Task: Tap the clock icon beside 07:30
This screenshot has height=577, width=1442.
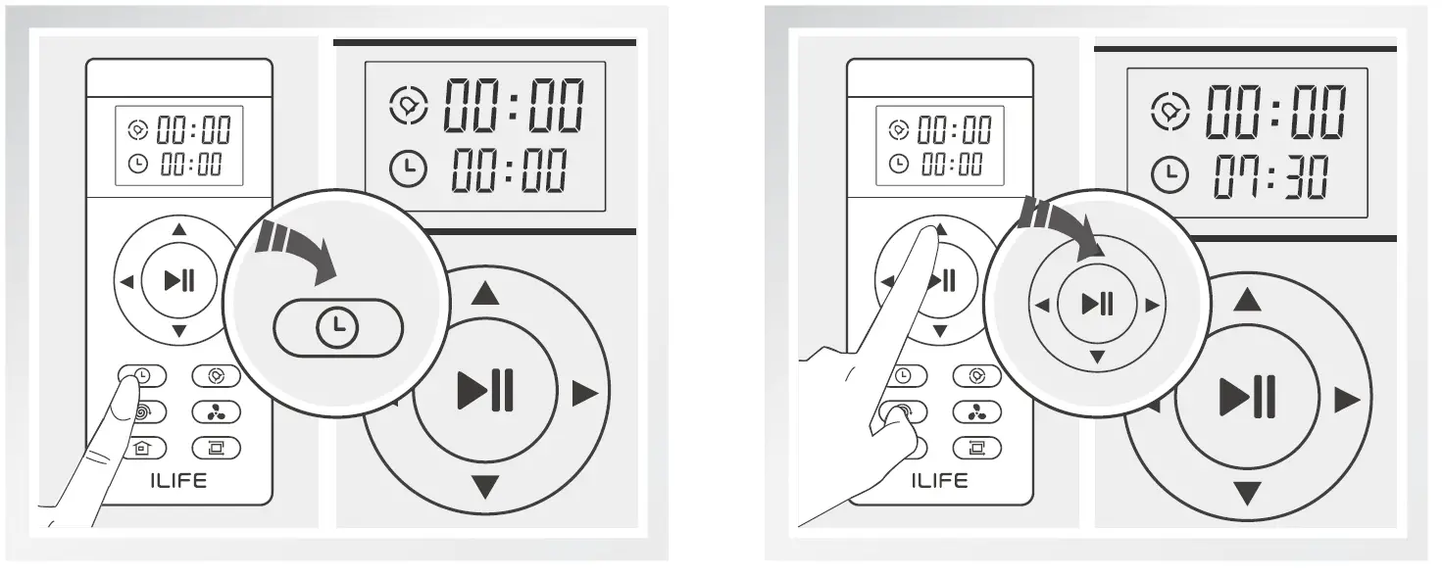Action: (x=1169, y=176)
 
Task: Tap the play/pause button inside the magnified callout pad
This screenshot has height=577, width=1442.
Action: (x=1097, y=305)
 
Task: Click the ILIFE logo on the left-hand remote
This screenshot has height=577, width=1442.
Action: (x=178, y=480)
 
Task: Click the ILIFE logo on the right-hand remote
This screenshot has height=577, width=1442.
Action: (x=939, y=480)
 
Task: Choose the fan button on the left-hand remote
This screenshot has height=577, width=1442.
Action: (x=216, y=411)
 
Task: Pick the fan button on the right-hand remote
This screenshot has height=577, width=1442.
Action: (x=976, y=411)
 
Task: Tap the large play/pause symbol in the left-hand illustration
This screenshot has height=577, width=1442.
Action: (x=485, y=393)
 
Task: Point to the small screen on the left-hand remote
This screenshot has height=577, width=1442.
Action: (x=179, y=145)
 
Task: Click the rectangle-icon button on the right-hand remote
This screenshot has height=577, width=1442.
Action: (x=976, y=448)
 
